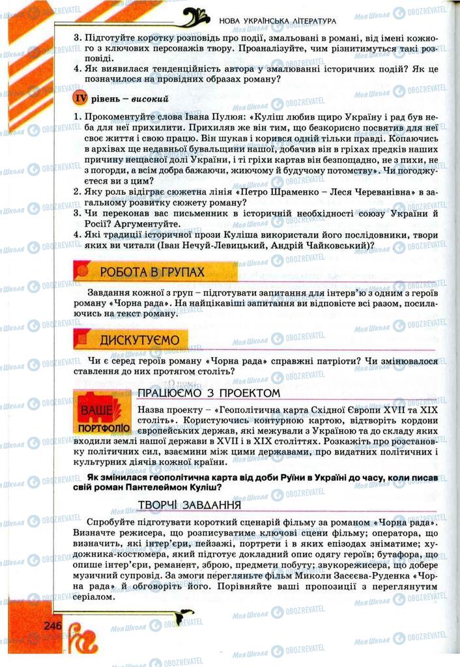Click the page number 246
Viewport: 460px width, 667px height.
click(x=52, y=625)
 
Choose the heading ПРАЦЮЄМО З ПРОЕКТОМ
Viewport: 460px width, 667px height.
click(x=208, y=393)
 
